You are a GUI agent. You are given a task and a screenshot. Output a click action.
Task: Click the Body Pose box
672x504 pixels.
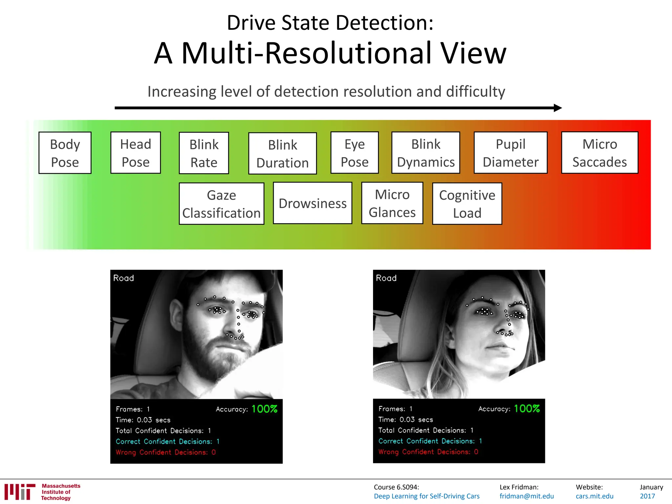click(65, 153)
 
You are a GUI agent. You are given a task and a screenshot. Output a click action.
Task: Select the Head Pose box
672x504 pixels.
click(136, 153)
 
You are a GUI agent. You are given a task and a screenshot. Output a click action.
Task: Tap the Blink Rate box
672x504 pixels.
click(204, 153)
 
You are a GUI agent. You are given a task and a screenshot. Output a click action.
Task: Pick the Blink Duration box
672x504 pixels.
click(283, 153)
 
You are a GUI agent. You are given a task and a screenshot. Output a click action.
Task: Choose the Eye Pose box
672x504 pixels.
click(354, 153)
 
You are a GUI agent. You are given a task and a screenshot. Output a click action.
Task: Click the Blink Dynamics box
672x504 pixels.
click(426, 153)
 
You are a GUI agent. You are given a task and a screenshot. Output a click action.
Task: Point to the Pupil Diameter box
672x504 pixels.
click(511, 153)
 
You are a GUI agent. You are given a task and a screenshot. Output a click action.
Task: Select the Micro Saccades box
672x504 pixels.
click(599, 153)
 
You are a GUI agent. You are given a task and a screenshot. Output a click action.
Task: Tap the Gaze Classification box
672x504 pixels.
click(221, 204)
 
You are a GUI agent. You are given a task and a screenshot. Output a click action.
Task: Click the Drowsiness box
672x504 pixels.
click(312, 203)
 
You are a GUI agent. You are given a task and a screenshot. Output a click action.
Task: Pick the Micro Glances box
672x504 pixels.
click(392, 203)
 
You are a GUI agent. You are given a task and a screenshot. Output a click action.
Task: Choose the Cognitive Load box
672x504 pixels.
click(467, 204)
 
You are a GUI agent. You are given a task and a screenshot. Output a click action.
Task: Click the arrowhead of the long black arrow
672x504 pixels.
click(557, 108)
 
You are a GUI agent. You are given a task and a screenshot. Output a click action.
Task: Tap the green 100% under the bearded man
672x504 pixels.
click(264, 409)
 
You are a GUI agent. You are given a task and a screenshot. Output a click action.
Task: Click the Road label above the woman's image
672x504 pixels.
click(386, 278)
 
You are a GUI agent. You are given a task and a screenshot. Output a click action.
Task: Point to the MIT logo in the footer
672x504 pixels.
click(20, 492)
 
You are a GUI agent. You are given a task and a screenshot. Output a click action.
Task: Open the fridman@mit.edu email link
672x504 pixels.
click(527, 496)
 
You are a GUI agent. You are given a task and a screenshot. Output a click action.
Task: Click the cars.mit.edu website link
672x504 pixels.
click(594, 496)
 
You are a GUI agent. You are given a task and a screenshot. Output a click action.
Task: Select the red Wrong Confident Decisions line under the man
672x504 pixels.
click(166, 452)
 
